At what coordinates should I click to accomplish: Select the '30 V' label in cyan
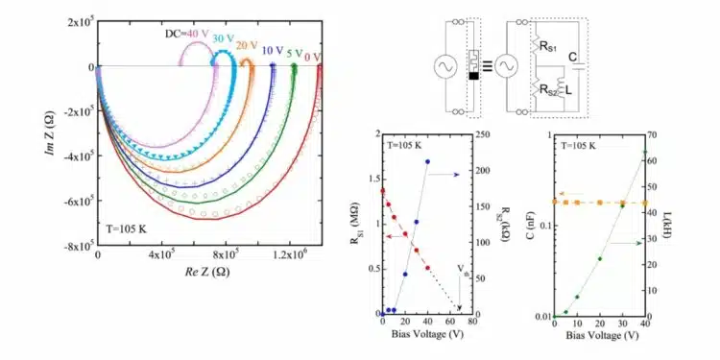(223, 39)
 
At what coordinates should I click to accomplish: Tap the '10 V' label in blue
(273, 51)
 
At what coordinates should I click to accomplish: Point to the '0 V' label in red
(313, 57)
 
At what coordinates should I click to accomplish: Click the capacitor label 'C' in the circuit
(572, 57)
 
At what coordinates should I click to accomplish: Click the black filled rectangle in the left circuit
(473, 76)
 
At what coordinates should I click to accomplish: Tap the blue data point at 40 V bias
(428, 161)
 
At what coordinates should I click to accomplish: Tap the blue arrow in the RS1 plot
(444, 175)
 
